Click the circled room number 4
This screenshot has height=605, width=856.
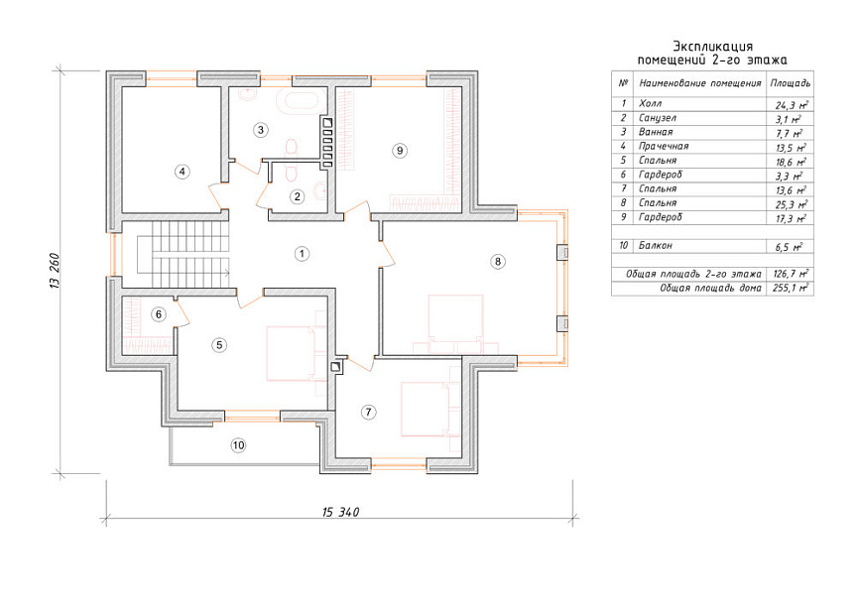point(183,172)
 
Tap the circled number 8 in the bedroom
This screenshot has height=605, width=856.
point(497,262)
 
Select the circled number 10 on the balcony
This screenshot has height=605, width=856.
point(239,445)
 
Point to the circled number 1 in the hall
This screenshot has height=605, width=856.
point(302,253)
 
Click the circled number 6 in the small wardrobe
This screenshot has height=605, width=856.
point(159,314)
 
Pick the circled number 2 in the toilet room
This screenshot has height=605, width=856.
point(297,196)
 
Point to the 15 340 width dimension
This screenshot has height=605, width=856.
point(340,512)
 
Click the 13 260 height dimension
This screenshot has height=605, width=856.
point(56,271)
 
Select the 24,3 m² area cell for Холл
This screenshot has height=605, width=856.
point(792,105)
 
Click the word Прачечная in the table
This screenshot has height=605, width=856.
point(664,147)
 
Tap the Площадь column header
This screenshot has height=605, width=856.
point(790,83)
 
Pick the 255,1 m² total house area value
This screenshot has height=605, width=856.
point(790,288)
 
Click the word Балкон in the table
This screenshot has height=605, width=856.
point(655,246)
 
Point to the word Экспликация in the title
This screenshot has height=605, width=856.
point(712,47)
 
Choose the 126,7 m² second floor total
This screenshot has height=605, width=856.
point(791,274)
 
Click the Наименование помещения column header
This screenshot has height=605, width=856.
point(700,83)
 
